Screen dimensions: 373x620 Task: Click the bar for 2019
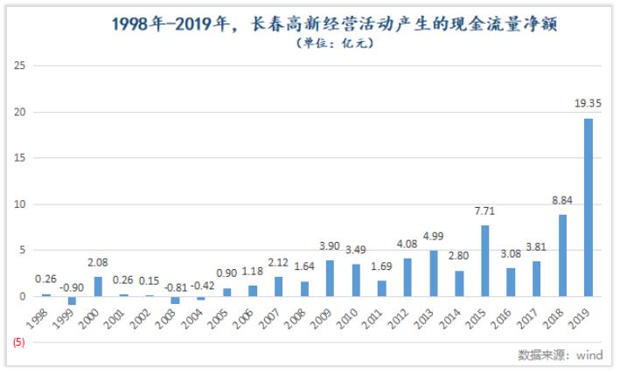pyautogui.click(x=589, y=208)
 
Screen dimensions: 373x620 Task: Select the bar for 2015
pyautogui.click(x=485, y=261)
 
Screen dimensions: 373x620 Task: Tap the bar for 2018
pyautogui.click(x=562, y=256)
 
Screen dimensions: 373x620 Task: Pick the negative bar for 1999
pyautogui.click(x=73, y=300)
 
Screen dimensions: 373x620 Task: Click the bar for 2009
pyautogui.click(x=331, y=279)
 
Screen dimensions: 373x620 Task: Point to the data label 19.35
pyautogui.click(x=588, y=103)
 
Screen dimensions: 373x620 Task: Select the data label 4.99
pyautogui.click(x=434, y=235)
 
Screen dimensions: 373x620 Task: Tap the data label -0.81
pyautogui.click(x=176, y=285)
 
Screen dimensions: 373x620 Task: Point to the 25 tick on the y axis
pyautogui.click(x=20, y=66)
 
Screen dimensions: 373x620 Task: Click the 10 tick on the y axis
pyautogui.click(x=20, y=204)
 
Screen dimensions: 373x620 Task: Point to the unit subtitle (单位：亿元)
pyautogui.click(x=335, y=43)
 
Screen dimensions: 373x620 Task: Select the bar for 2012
pyautogui.click(x=408, y=278)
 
